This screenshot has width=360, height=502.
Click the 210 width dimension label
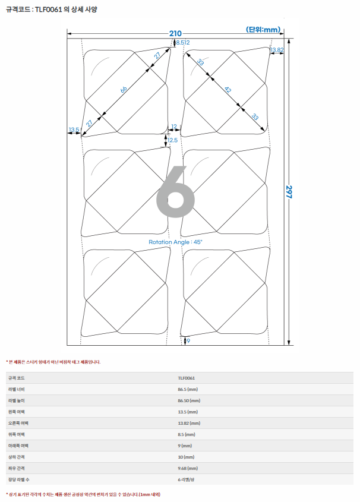click(x=175, y=33)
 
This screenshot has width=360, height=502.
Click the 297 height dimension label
click(x=289, y=192)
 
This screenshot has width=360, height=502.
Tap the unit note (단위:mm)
click(x=263, y=30)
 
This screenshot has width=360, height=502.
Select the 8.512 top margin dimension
click(x=183, y=43)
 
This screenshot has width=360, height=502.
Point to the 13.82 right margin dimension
click(x=277, y=50)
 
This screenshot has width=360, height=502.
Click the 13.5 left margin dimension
click(x=74, y=130)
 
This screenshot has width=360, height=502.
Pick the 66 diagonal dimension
click(x=124, y=89)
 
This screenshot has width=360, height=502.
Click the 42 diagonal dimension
click(x=228, y=90)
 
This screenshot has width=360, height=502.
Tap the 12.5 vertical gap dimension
click(x=172, y=140)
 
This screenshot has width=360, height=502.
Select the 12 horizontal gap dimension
click(x=174, y=127)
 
